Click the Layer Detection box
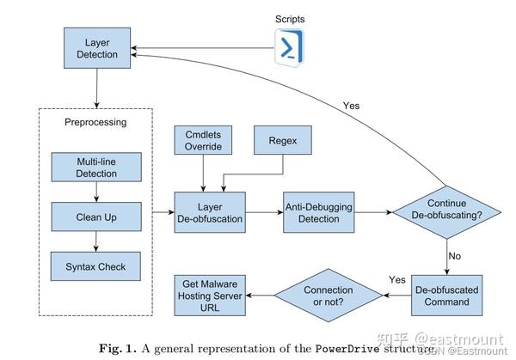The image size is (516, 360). [x=96, y=47]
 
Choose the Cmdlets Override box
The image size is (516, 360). [x=202, y=141]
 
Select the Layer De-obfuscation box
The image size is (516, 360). [x=209, y=212]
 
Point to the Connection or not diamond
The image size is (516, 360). [x=328, y=296]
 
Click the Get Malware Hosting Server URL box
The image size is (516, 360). [x=210, y=296]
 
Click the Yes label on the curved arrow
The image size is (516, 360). [x=351, y=105]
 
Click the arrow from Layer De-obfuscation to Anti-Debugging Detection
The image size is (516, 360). [x=262, y=212]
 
